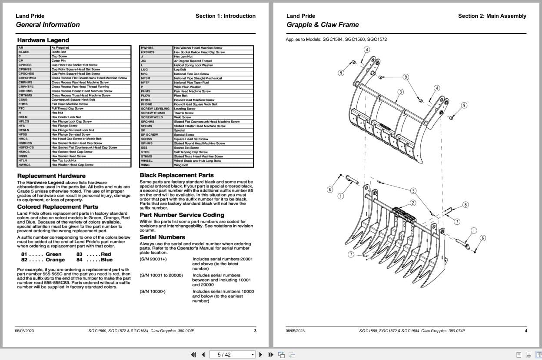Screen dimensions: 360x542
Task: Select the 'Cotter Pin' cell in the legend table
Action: pyautogui.click(x=58, y=60)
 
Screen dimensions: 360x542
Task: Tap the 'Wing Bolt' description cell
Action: pyautogui.click(x=181, y=165)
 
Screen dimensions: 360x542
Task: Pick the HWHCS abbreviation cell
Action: pyautogui.click(x=25, y=165)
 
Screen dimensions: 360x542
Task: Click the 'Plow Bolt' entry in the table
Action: pyautogui.click(x=181, y=96)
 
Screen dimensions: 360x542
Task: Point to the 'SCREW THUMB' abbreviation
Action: pyautogui.click(x=153, y=113)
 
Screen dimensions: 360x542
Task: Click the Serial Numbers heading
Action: pyautogui.click(x=162, y=237)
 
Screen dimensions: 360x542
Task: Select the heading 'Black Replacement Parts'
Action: pyautogui.click(x=176, y=175)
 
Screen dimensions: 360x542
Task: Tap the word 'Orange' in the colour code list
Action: pyautogui.click(x=55, y=260)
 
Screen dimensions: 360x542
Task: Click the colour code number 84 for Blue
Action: pyautogui.click(x=80, y=260)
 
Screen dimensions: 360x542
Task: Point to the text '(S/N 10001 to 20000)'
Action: pyautogui.click(x=161, y=275)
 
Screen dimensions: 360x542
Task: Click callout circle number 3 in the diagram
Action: pyautogui.click(x=400, y=92)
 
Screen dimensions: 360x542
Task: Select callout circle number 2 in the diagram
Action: pyautogui.click(x=412, y=203)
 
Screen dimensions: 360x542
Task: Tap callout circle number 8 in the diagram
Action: pyautogui.click(x=466, y=205)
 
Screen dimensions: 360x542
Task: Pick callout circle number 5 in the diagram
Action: pyautogui.click(x=413, y=190)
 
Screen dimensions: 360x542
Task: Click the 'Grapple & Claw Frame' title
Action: pyautogui.click(x=323, y=25)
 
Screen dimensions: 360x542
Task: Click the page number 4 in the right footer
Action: pyautogui.click(x=525, y=330)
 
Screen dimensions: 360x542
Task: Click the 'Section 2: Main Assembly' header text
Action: pyautogui.click(x=492, y=16)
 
